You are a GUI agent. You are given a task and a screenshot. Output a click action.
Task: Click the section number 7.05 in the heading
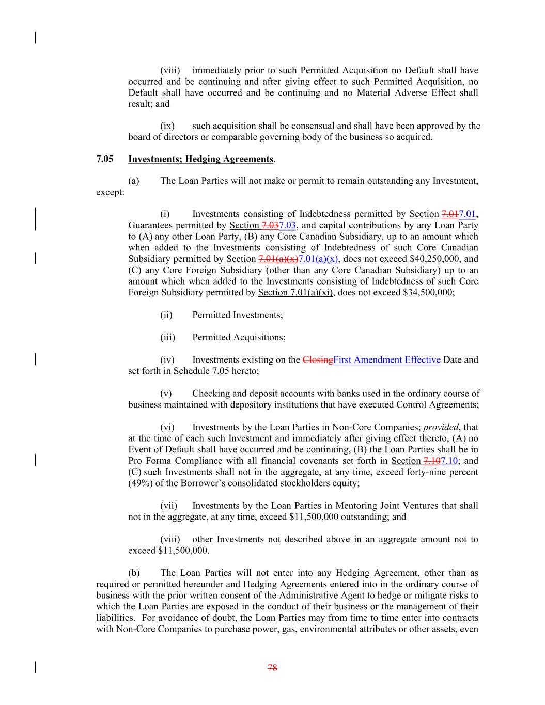(x=105, y=159)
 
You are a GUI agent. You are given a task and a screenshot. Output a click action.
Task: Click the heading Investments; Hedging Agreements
(x=200, y=159)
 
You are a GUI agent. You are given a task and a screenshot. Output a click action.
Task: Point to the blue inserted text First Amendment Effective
(x=387, y=360)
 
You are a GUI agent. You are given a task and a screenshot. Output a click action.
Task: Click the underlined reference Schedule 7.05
(x=201, y=371)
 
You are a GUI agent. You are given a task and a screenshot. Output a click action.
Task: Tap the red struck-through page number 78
(x=272, y=668)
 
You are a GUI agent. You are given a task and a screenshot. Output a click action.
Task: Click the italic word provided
(x=441, y=427)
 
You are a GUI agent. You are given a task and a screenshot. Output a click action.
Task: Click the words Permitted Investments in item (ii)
(x=237, y=315)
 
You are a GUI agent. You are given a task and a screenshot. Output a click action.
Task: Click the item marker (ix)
(x=167, y=126)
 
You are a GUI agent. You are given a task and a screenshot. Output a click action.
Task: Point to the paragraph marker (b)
(x=134, y=573)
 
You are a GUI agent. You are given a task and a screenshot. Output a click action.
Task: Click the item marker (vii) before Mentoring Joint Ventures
(x=168, y=506)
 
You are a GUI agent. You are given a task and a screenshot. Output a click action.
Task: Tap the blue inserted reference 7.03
(x=287, y=226)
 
